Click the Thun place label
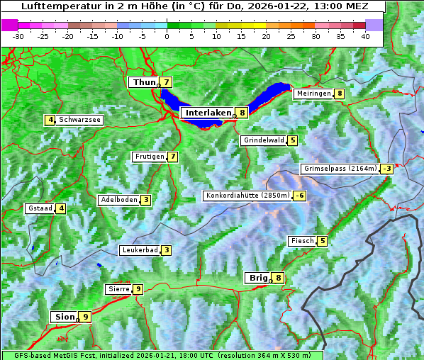[x=144, y=83]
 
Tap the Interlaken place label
[x=208, y=113]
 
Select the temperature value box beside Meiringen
[x=340, y=94]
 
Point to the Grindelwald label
[x=264, y=140]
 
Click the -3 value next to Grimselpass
[x=386, y=169]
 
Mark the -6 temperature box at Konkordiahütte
[x=301, y=196]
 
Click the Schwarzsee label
[x=80, y=120]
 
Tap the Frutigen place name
[x=149, y=157]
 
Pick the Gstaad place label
[x=40, y=208]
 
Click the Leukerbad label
[x=139, y=250]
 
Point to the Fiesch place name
[x=302, y=241]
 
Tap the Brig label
[x=257, y=278]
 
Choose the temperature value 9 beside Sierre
[x=138, y=289]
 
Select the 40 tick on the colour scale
[x=365, y=36]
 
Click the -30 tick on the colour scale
[x=18, y=36]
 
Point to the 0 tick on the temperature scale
[x=167, y=36]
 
